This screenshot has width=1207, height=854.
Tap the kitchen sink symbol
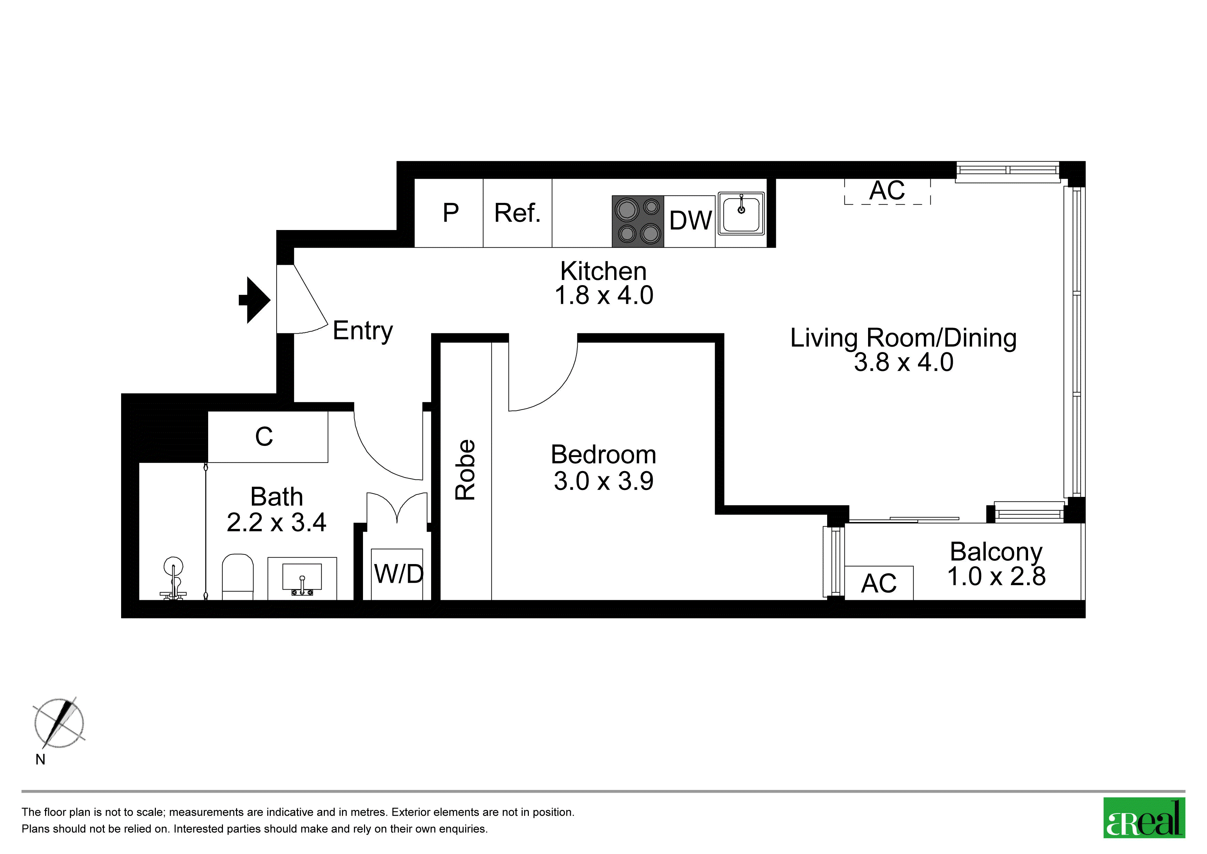tap(741, 213)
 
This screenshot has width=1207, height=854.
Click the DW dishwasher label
tap(690, 220)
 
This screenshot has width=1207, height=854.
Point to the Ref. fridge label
tap(517, 213)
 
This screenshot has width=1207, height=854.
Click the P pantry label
tap(450, 213)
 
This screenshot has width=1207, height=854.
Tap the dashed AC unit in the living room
tap(887, 191)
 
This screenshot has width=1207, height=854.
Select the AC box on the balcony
tap(879, 583)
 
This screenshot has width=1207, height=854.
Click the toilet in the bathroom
tap(238, 577)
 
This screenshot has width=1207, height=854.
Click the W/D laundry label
tap(398, 574)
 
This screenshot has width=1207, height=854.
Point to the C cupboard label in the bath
tap(264, 437)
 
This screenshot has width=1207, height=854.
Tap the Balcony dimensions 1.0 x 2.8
tap(996, 576)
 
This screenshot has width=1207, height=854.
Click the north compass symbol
tap(59, 723)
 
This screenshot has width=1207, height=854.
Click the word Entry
tap(363, 331)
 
